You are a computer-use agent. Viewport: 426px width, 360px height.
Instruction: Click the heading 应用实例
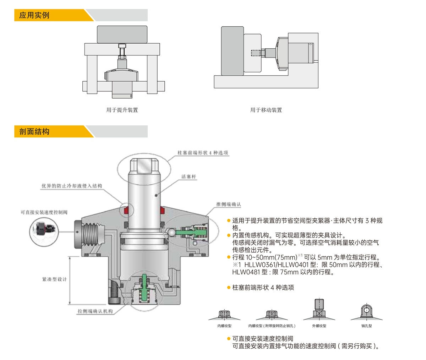click(34, 15)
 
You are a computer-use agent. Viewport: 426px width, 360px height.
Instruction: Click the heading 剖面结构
click(34, 132)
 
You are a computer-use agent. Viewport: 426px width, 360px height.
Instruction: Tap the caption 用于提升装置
click(122, 110)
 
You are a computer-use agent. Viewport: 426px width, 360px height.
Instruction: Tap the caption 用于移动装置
click(266, 110)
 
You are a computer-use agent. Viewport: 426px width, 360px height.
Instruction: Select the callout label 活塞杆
click(189, 176)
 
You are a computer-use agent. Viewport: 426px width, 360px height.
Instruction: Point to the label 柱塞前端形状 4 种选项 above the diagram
click(203, 153)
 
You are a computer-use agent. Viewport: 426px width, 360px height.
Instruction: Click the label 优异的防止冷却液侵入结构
click(72, 186)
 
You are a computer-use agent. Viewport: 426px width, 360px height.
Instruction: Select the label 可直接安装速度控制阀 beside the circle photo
click(44, 212)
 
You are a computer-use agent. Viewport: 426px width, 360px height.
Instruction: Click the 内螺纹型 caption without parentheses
click(224, 326)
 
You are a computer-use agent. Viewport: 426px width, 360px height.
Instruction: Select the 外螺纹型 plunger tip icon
click(319, 309)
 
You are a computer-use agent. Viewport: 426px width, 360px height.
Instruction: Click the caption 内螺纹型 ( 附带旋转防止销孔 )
click(272, 326)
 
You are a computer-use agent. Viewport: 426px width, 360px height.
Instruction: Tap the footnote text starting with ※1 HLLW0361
click(308, 265)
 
